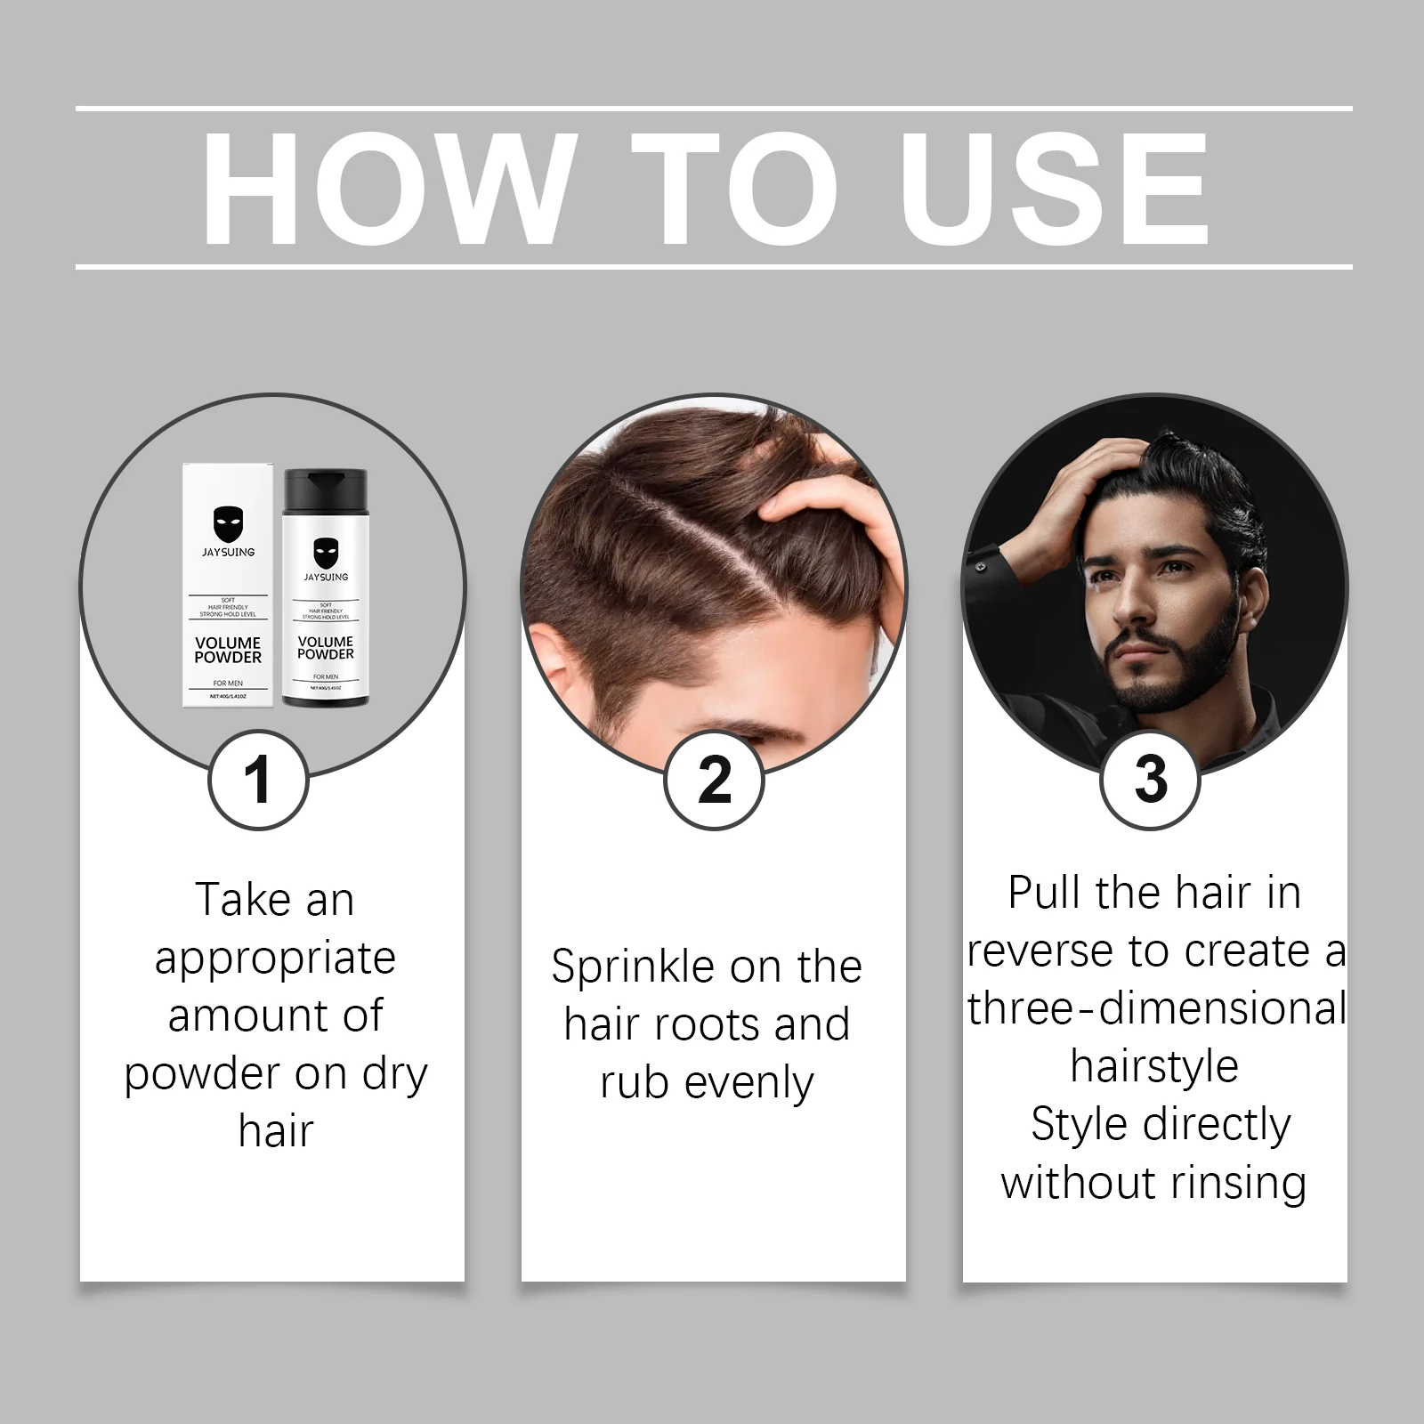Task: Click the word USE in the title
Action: coord(1056,189)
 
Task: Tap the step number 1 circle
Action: coord(258,780)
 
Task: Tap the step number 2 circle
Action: coord(714,780)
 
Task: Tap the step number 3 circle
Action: coord(1151,780)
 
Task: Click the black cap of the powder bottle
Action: coord(325,485)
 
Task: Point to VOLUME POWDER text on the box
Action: coord(228,650)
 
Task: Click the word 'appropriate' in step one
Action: coord(275,959)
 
